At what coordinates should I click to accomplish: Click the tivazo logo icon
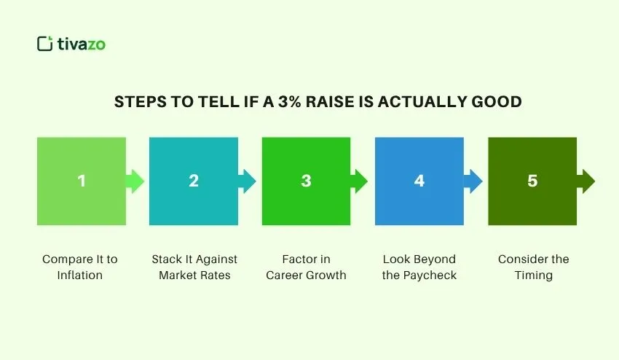point(45,44)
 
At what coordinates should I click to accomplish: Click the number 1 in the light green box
point(81,181)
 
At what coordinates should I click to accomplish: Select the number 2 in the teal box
point(194,181)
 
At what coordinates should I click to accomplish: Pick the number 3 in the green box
point(307,181)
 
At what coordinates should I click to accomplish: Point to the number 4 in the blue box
point(419,181)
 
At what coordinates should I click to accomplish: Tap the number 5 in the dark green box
point(532,181)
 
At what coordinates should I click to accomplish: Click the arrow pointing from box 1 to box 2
point(135,181)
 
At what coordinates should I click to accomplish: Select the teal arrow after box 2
point(248,181)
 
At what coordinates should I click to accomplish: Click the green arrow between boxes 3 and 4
point(360,181)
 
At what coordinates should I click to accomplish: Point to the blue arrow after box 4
point(473,181)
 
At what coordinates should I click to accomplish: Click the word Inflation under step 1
point(80,275)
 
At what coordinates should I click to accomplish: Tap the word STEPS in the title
point(139,102)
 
